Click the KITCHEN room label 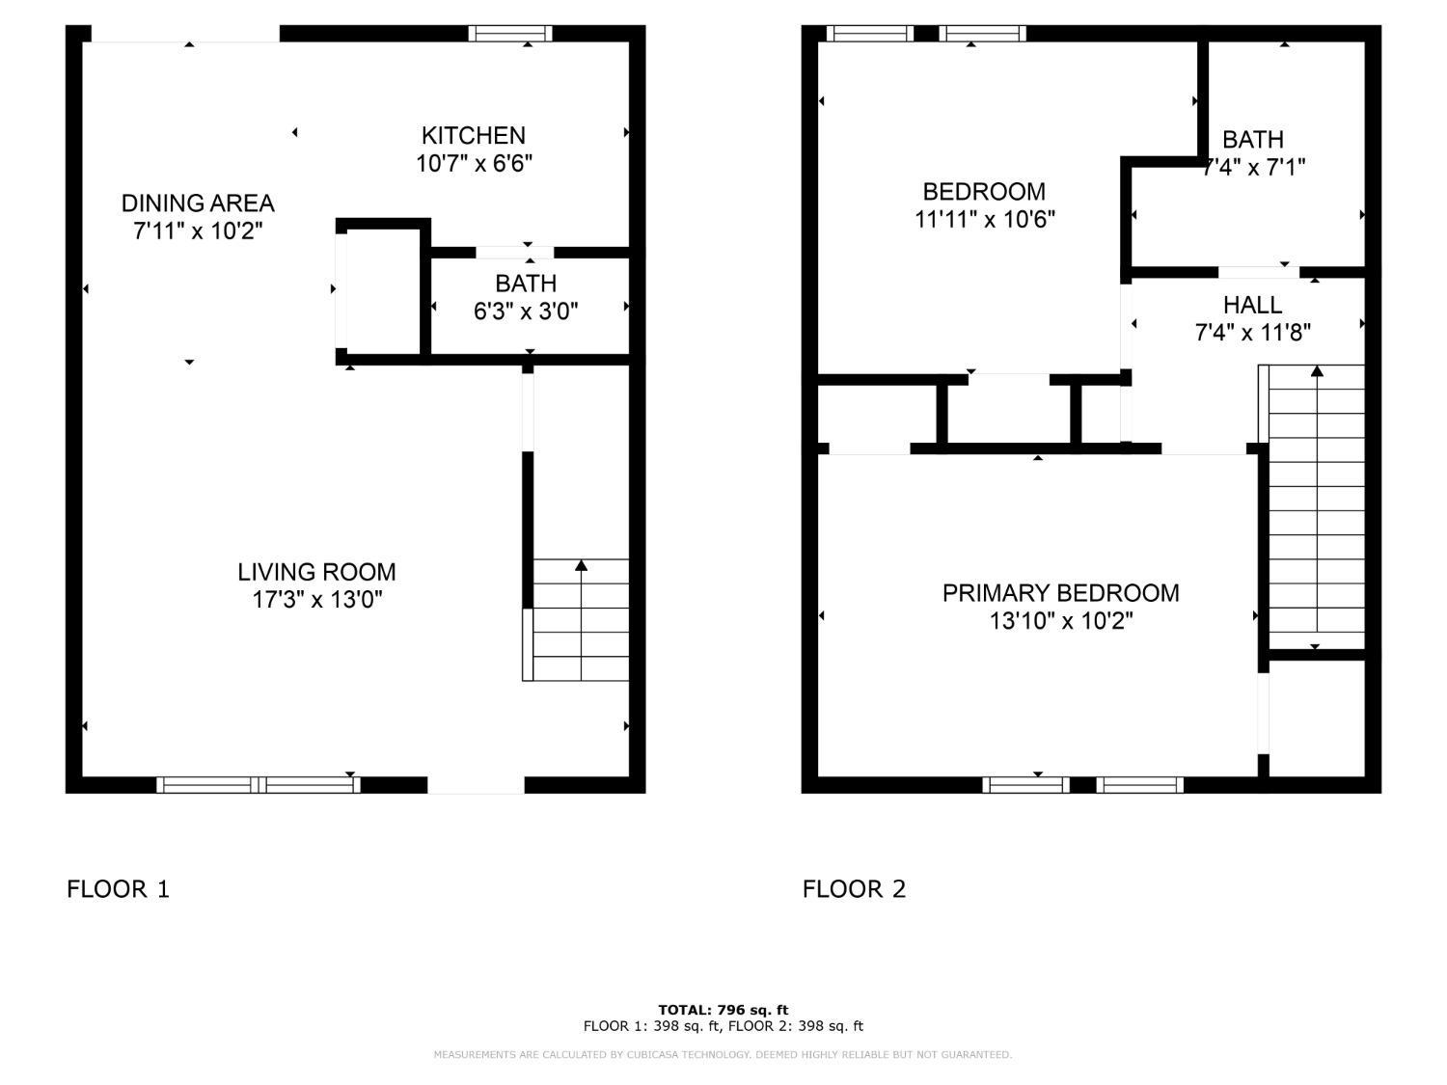pyautogui.click(x=473, y=136)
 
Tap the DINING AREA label pyautogui.click(x=198, y=203)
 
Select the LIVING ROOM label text pyautogui.click(x=316, y=572)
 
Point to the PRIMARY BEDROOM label pyautogui.click(x=1060, y=593)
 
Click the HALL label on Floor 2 pyautogui.click(x=1252, y=306)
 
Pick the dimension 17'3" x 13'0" pyautogui.click(x=317, y=600)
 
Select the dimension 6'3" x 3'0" pyautogui.click(x=526, y=312)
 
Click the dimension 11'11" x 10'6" pyautogui.click(x=984, y=220)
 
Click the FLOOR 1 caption pyautogui.click(x=118, y=889)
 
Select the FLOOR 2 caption pyautogui.click(x=854, y=889)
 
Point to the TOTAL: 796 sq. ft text pyautogui.click(x=723, y=1010)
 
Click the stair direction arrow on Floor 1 pyautogui.click(x=581, y=566)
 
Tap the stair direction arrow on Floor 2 pyautogui.click(x=1316, y=371)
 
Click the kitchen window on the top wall pyautogui.click(x=510, y=34)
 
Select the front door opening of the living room pyautogui.click(x=476, y=785)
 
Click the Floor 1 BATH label pyautogui.click(x=526, y=284)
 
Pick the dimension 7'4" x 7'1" pyautogui.click(x=1253, y=168)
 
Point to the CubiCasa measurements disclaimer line pyautogui.click(x=723, y=1055)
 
